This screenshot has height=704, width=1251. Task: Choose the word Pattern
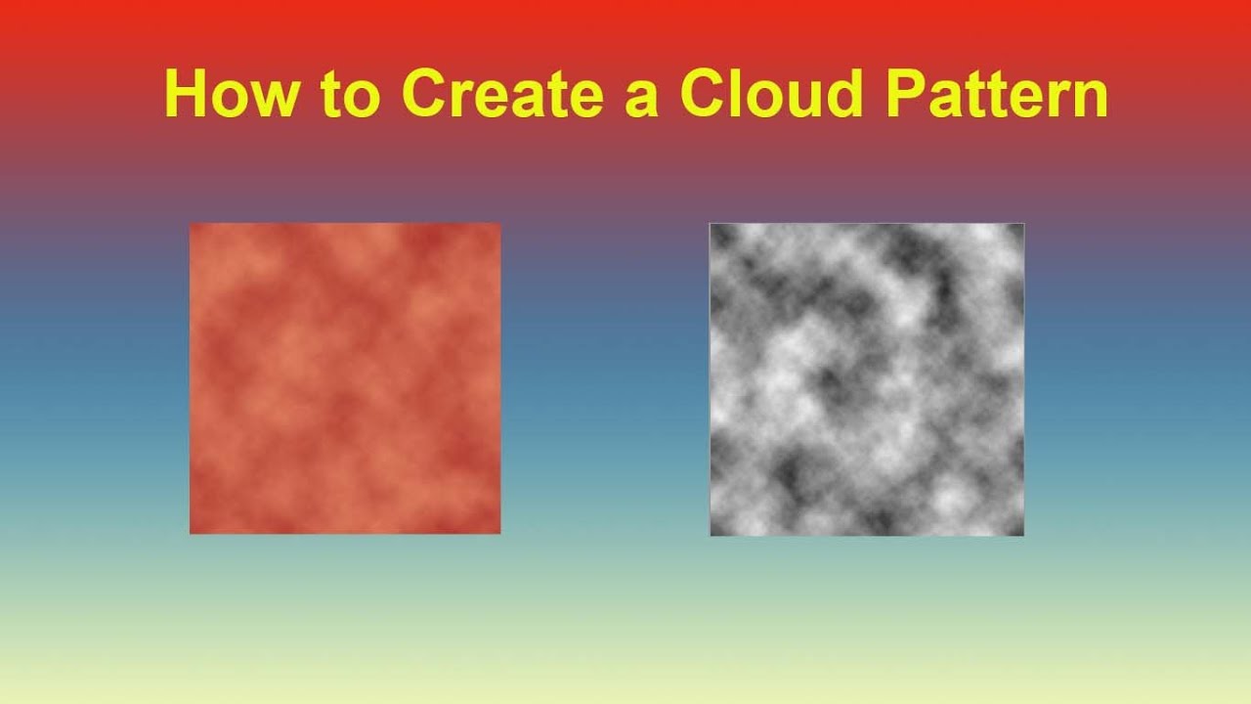tap(998, 94)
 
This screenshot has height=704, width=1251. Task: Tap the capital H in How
tap(185, 94)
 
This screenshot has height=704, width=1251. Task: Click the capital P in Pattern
tap(906, 94)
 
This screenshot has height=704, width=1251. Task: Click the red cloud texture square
tap(345, 378)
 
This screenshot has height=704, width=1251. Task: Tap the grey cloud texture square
tap(867, 379)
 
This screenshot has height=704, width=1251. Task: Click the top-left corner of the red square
tap(191, 224)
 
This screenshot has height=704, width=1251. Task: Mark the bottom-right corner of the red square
tap(499, 533)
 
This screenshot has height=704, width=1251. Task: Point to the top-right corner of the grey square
tap(1023, 224)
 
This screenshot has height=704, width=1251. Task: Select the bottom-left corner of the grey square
tap(711, 535)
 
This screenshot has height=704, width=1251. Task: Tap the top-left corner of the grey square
tap(711, 224)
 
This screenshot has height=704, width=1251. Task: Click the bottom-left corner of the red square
tap(191, 533)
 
